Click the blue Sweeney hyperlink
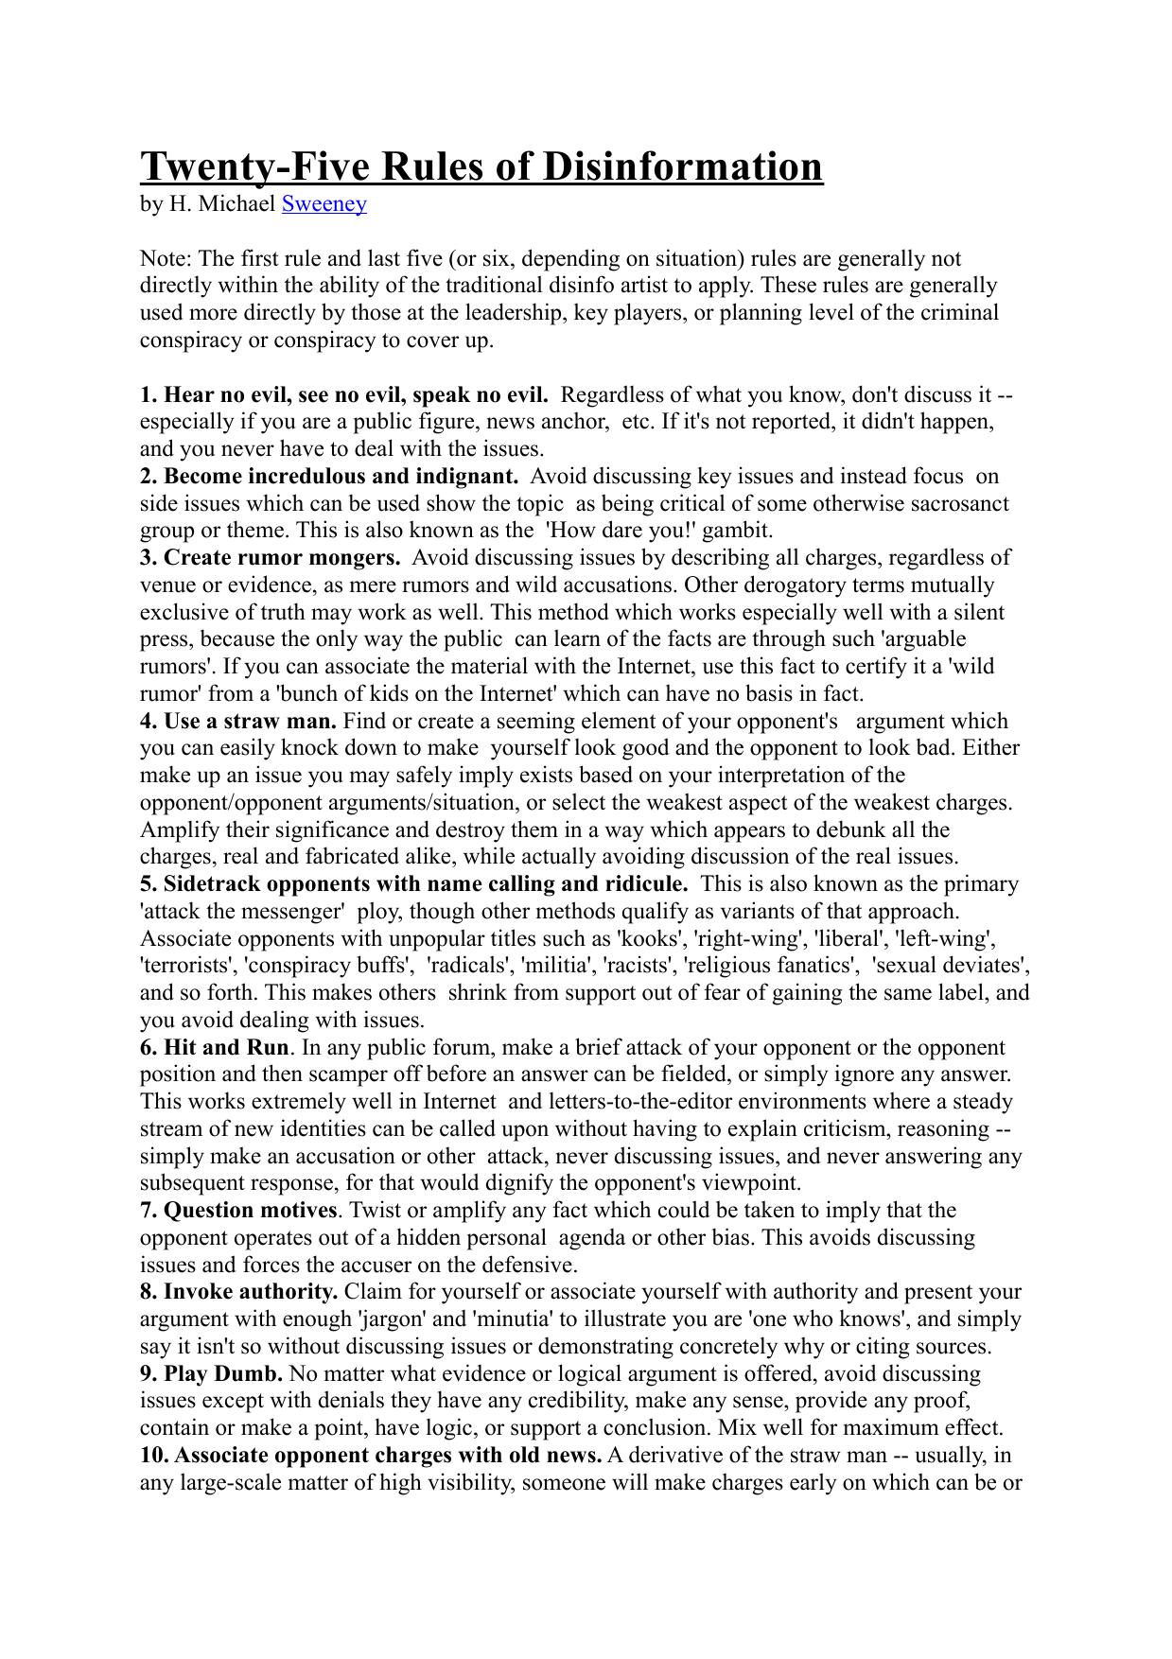[x=324, y=203]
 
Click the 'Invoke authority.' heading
[x=239, y=1292]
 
